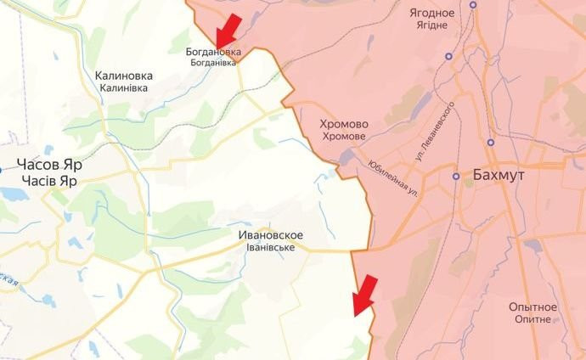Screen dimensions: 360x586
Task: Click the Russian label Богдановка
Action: pyautogui.click(x=213, y=52)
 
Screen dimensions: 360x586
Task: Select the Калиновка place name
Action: pyautogui.click(x=124, y=75)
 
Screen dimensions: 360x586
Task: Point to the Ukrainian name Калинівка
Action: pyautogui.click(x=124, y=87)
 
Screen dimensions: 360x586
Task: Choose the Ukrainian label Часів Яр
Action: pyautogui.click(x=51, y=180)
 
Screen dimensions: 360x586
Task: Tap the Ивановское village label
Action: pyautogui.click(x=271, y=234)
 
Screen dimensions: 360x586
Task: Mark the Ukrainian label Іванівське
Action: pyautogui.click(x=271, y=247)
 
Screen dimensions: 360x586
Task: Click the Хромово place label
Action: pyautogui.click(x=343, y=124)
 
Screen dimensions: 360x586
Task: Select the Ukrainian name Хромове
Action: pyautogui.click(x=343, y=137)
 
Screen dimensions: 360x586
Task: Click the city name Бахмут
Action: pyautogui.click(x=497, y=175)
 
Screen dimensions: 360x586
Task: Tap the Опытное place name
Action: pyautogui.click(x=532, y=307)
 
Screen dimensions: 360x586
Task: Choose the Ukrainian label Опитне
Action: pyautogui.click(x=532, y=319)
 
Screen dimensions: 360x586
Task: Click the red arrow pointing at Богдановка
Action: pyautogui.click(x=228, y=31)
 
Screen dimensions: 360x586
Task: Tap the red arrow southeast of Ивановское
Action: pyautogui.click(x=364, y=295)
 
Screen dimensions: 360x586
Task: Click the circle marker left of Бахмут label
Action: pyautogui.click(x=456, y=177)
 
